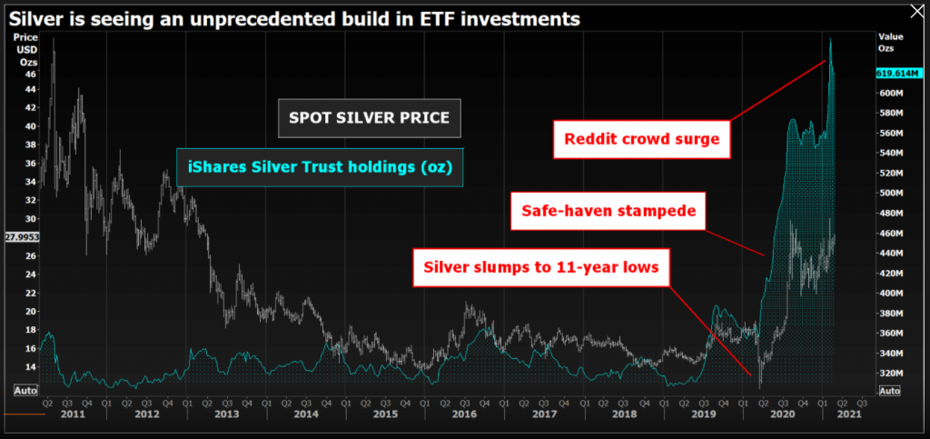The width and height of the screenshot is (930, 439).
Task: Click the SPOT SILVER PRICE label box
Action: [x=369, y=118]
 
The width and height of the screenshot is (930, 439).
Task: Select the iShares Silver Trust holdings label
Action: [x=320, y=166]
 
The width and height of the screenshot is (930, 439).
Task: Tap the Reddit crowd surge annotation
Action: [x=641, y=139]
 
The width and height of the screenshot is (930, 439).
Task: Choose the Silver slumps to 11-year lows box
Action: [x=542, y=268]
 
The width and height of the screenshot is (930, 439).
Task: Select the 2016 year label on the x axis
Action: [x=465, y=414]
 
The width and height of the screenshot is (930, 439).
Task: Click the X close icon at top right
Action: [x=913, y=13]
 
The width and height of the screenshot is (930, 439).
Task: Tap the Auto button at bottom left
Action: [x=25, y=390]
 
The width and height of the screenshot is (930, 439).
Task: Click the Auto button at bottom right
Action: [x=889, y=391]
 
